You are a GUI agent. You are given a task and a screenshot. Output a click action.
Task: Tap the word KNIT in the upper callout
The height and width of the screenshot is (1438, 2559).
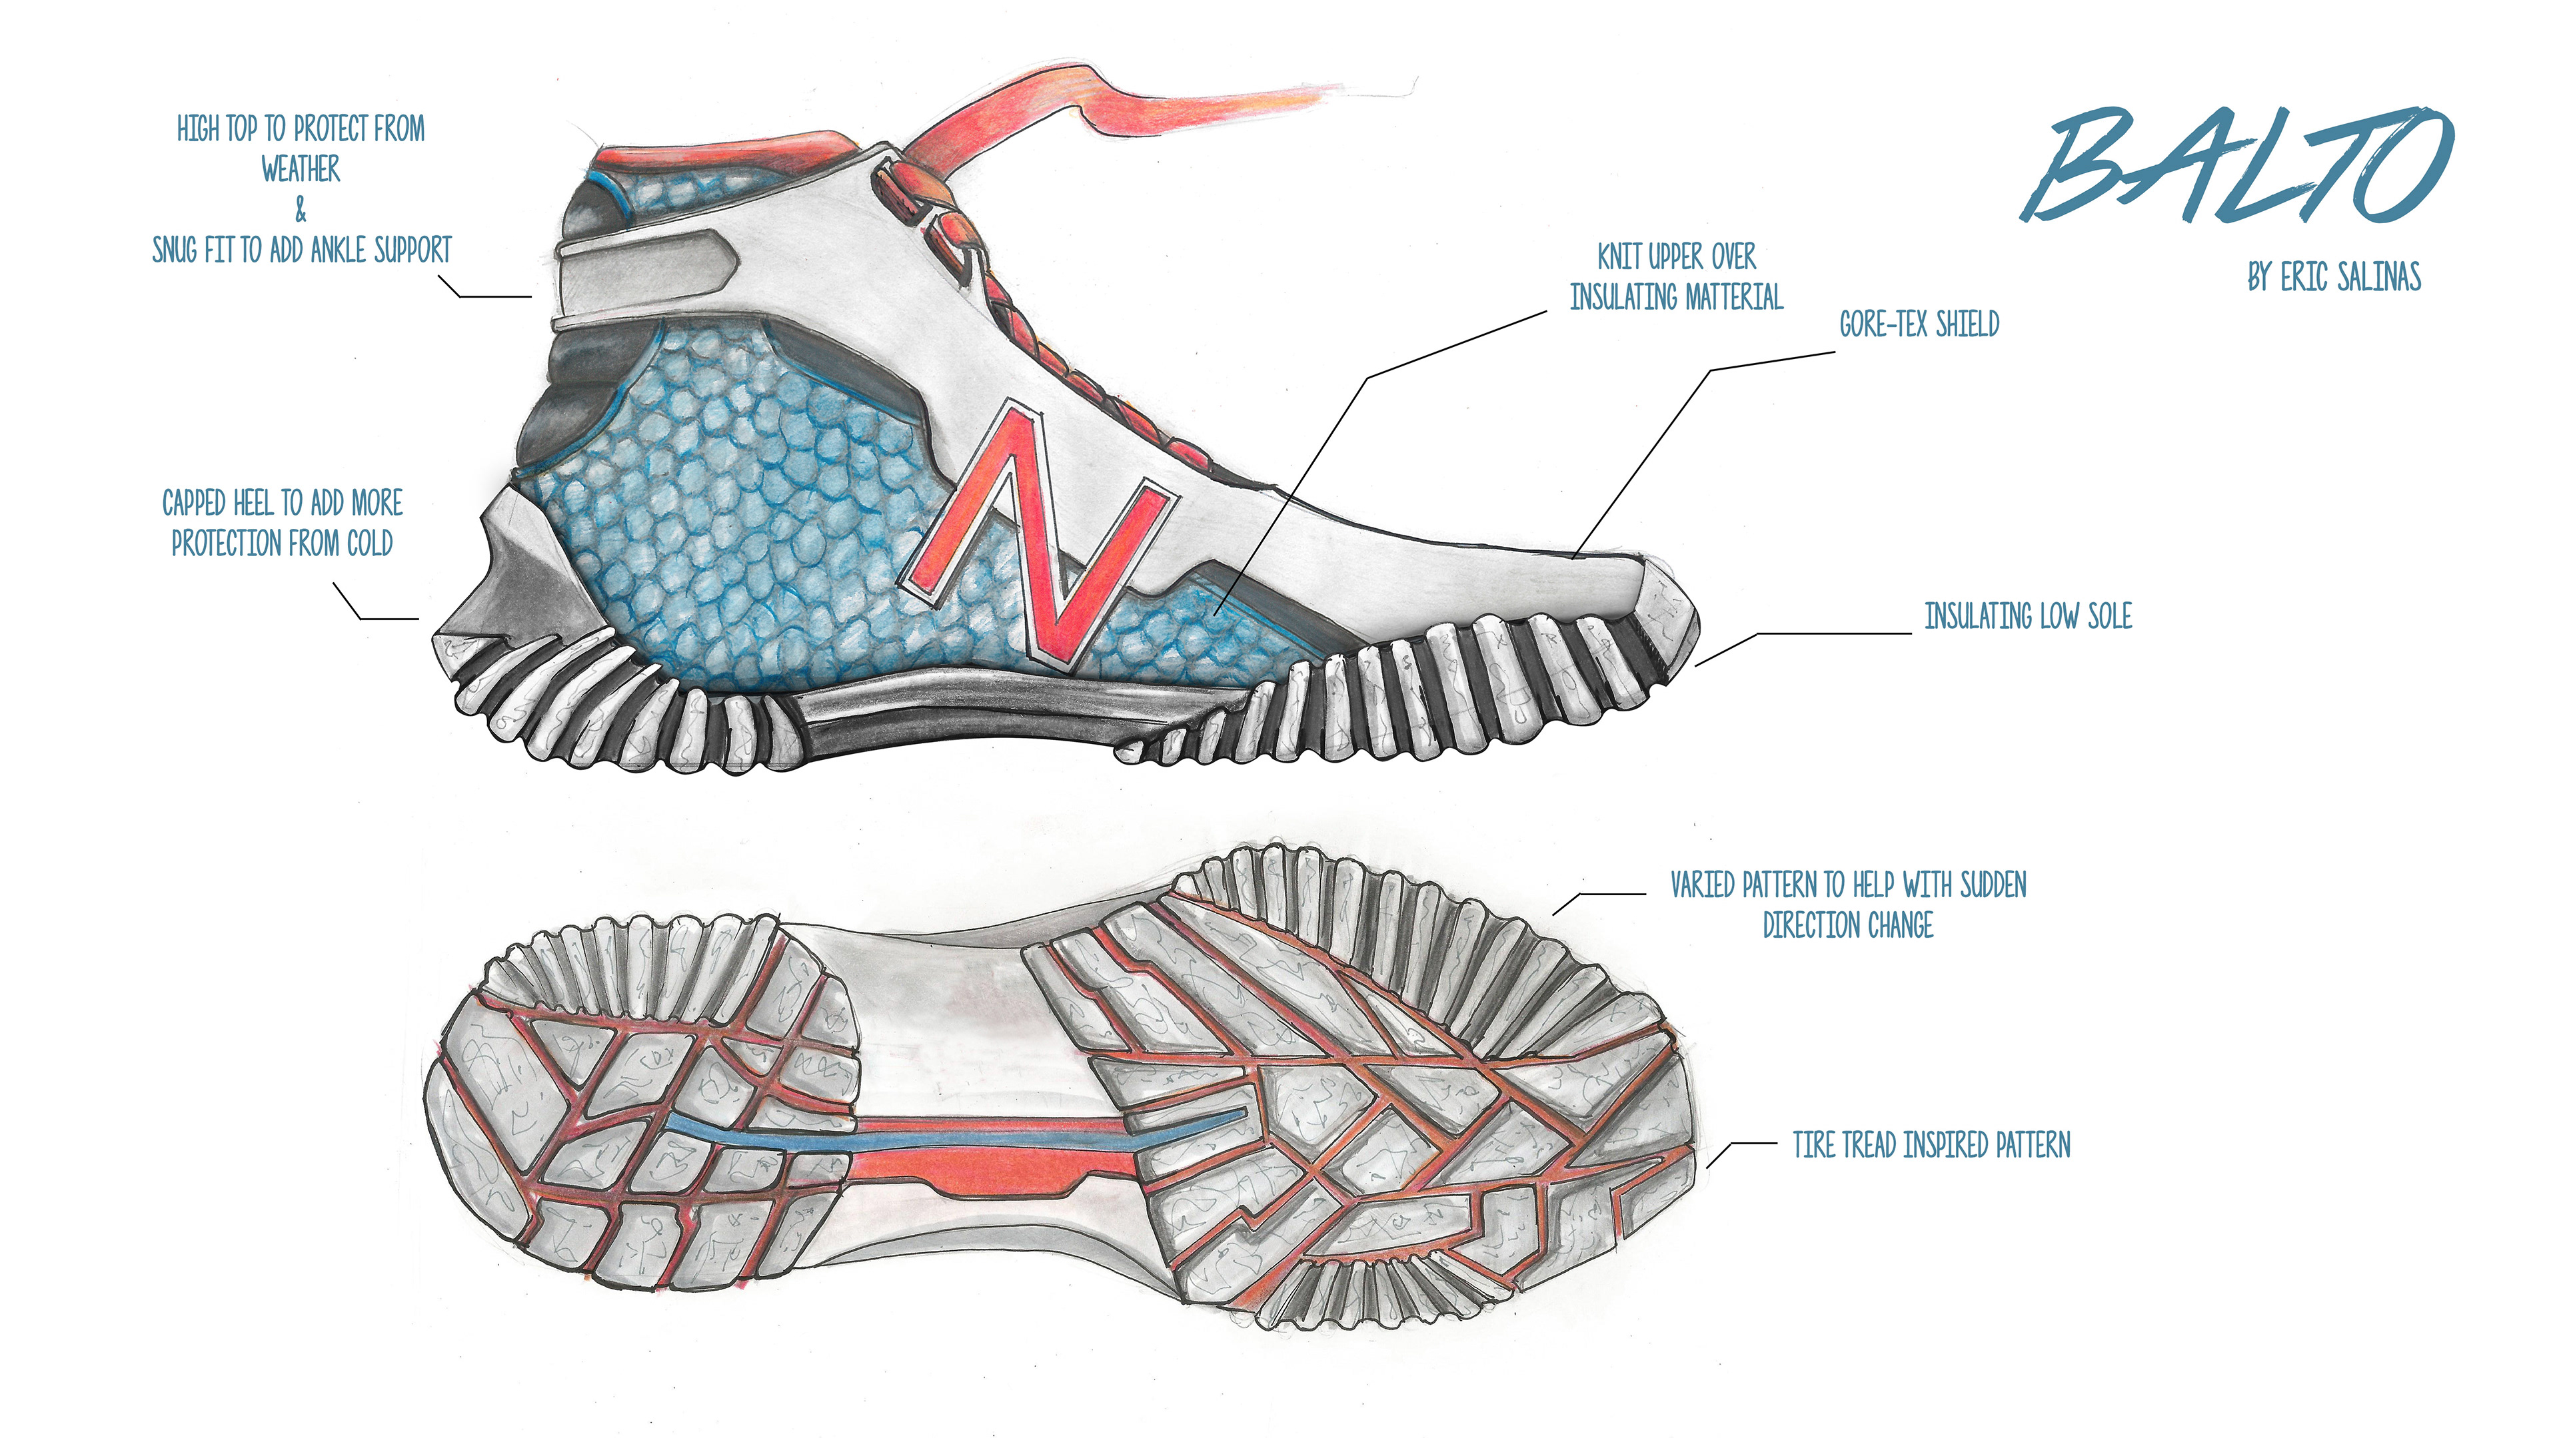[x=1619, y=257]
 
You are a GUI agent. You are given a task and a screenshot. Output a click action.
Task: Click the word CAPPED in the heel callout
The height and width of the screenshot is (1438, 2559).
[x=196, y=504]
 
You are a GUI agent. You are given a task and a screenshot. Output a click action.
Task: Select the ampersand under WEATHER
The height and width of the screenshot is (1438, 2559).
[x=301, y=210]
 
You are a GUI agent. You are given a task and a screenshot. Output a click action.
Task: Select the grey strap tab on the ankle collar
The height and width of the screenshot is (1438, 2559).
[x=646, y=260]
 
